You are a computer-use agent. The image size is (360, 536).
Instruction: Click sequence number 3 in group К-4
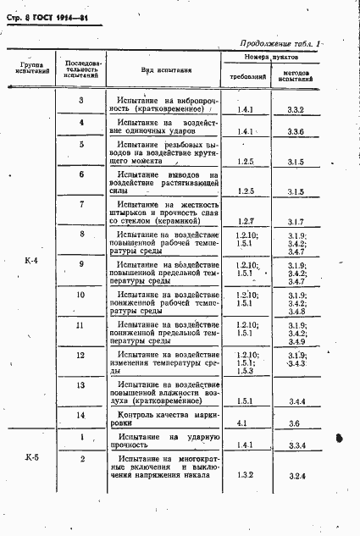[x=80, y=101]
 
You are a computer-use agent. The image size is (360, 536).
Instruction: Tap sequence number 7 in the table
[x=80, y=205]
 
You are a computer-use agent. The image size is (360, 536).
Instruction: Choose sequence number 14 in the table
[x=80, y=415]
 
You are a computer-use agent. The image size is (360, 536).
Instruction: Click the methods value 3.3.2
[x=296, y=110]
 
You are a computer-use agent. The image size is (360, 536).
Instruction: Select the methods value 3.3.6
[x=296, y=132]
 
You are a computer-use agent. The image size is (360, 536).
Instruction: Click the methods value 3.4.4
[x=296, y=401]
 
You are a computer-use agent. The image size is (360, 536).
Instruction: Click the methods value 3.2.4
[x=296, y=478]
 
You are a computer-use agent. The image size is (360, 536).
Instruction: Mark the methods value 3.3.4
[x=296, y=445]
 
